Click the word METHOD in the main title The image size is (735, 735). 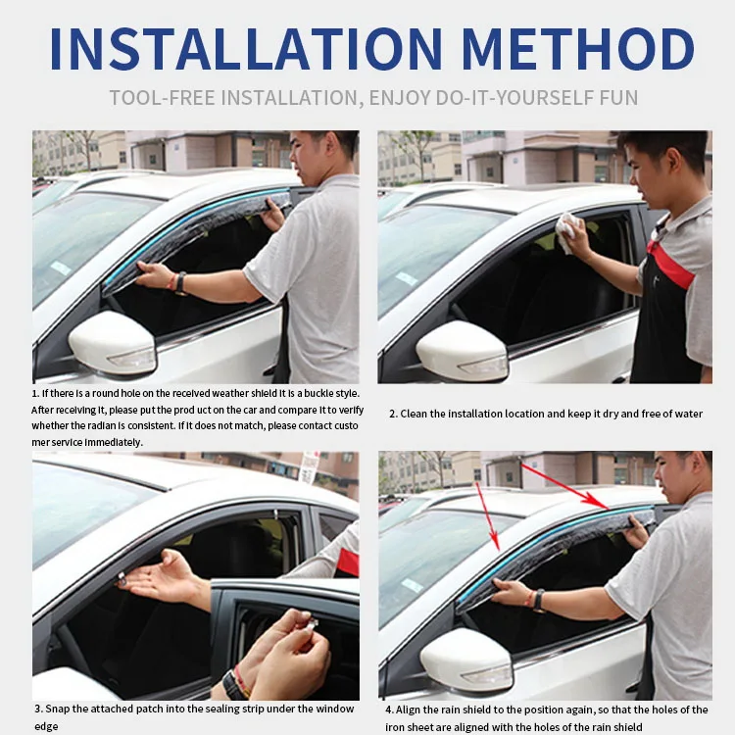578,48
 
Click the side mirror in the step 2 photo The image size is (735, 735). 462,350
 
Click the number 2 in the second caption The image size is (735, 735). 391,414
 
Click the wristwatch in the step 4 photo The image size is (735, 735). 537,600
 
